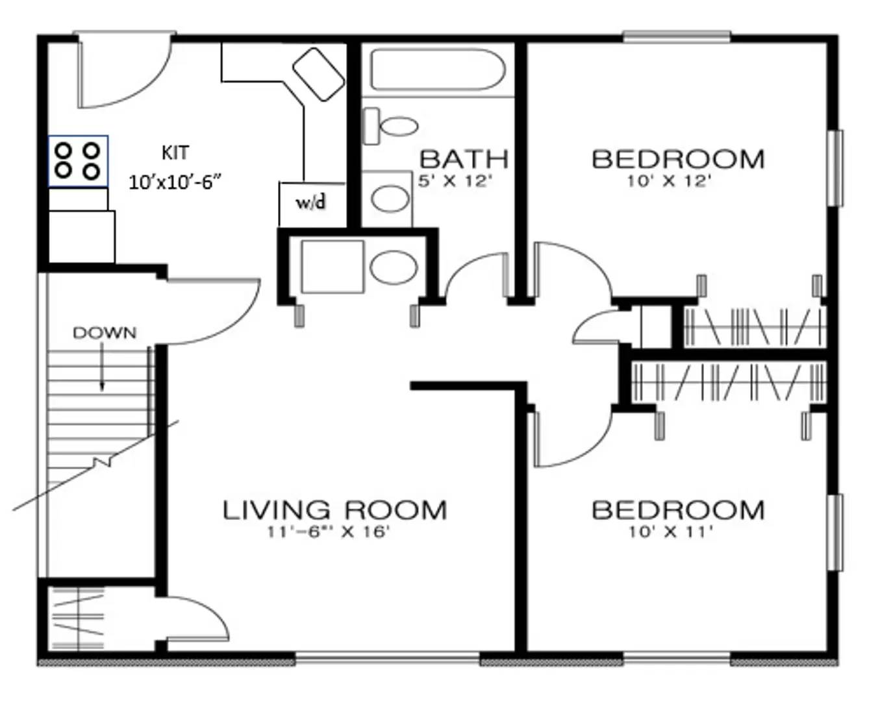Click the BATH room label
[464, 159]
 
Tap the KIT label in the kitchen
[175, 153]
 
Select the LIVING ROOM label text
[334, 510]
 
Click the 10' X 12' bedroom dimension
[669, 181]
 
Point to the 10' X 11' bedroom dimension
[671, 532]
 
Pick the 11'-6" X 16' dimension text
[328, 532]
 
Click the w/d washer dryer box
[311, 203]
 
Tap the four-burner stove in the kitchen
[78, 161]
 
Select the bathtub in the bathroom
[437, 70]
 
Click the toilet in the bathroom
[390, 125]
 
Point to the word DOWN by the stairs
[105, 333]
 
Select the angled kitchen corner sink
[318, 74]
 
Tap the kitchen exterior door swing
[123, 71]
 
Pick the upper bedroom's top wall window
[676, 37]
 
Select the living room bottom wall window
[387, 658]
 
